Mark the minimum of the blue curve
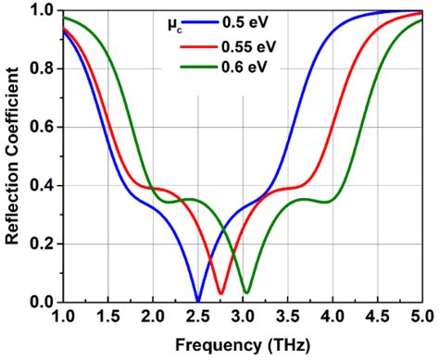click(197, 300)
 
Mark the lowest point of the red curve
click(220, 293)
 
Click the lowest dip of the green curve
click(246, 292)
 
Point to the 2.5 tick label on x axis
click(197, 317)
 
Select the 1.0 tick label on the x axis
click(62, 317)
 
